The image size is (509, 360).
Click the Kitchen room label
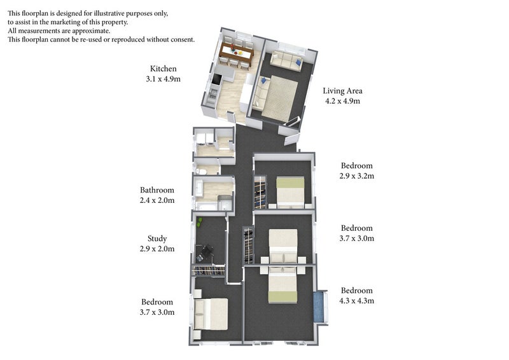pos(163,69)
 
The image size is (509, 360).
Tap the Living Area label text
pos(342,91)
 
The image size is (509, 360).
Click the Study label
pos(157,239)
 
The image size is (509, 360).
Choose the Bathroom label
pos(157,190)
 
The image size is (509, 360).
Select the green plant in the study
pos(200,222)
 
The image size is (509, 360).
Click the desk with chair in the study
pos(205,253)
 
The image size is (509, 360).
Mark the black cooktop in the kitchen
pos(216,81)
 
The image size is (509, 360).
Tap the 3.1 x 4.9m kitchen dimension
pos(163,80)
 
